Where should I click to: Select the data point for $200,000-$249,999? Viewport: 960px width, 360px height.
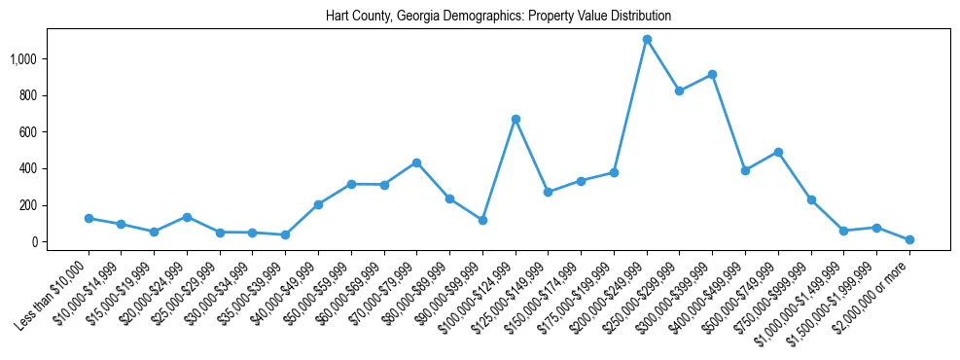tap(647, 40)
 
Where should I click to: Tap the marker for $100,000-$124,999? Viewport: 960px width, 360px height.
tap(516, 119)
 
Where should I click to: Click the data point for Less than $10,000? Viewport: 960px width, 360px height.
tap(89, 218)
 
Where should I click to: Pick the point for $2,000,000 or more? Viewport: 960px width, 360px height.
tap(909, 239)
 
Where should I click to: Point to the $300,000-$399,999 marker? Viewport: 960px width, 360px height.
tap(712, 74)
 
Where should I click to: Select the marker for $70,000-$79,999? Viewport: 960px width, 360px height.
tap(416, 162)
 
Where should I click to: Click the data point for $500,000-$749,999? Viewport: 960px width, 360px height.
tap(778, 152)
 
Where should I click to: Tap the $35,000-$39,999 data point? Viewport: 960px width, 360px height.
tap(285, 234)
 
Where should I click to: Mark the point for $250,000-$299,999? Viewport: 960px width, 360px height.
tap(679, 91)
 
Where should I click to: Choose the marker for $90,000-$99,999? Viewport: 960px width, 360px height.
tap(482, 220)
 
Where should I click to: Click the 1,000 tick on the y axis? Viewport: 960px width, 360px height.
tap(36, 59)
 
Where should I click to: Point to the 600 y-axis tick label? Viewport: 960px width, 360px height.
tap(40, 132)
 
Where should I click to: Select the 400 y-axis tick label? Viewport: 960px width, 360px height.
tap(40, 169)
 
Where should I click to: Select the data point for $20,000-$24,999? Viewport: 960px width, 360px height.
tap(187, 217)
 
